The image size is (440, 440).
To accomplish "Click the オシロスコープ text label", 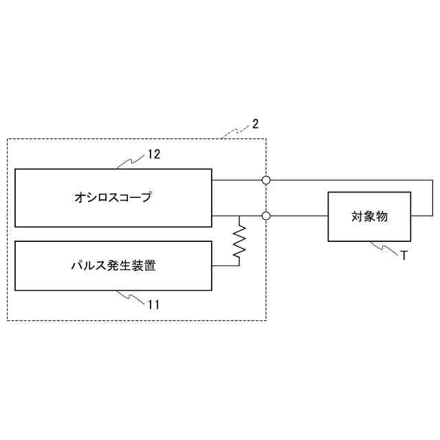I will click(x=113, y=198).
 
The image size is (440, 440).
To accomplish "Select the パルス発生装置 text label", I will click(x=113, y=266).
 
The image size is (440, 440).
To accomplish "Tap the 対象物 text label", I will click(x=369, y=217).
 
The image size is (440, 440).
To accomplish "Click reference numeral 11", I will click(x=153, y=303).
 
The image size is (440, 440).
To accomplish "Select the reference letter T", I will click(x=404, y=255).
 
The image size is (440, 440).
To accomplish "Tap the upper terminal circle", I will click(x=266, y=180).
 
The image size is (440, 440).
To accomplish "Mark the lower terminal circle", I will click(x=266, y=216).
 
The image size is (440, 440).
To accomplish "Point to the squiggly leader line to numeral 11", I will click(x=131, y=297).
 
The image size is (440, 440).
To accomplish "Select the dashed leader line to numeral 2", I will click(x=236, y=132).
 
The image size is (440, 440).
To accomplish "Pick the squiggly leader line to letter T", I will click(x=384, y=247).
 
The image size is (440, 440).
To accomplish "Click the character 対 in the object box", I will click(x=357, y=217).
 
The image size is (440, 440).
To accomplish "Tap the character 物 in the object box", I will click(x=382, y=217).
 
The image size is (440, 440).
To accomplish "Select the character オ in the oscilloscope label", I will click(x=80, y=198).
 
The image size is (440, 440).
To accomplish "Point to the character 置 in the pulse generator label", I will click(x=149, y=266).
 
